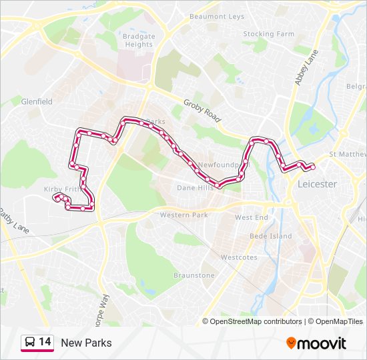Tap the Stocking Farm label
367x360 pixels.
268,34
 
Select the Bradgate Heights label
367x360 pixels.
139,41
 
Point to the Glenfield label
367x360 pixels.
37,102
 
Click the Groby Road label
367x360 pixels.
202,110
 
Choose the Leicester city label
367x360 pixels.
318,184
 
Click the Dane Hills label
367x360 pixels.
196,188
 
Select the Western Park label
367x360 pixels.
183,215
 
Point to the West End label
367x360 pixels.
252,218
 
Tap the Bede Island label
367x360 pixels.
270,237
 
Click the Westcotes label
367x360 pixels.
239,257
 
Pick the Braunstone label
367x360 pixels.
194,275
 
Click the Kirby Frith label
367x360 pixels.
63,189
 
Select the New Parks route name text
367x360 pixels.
86,343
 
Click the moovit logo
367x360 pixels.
316,343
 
